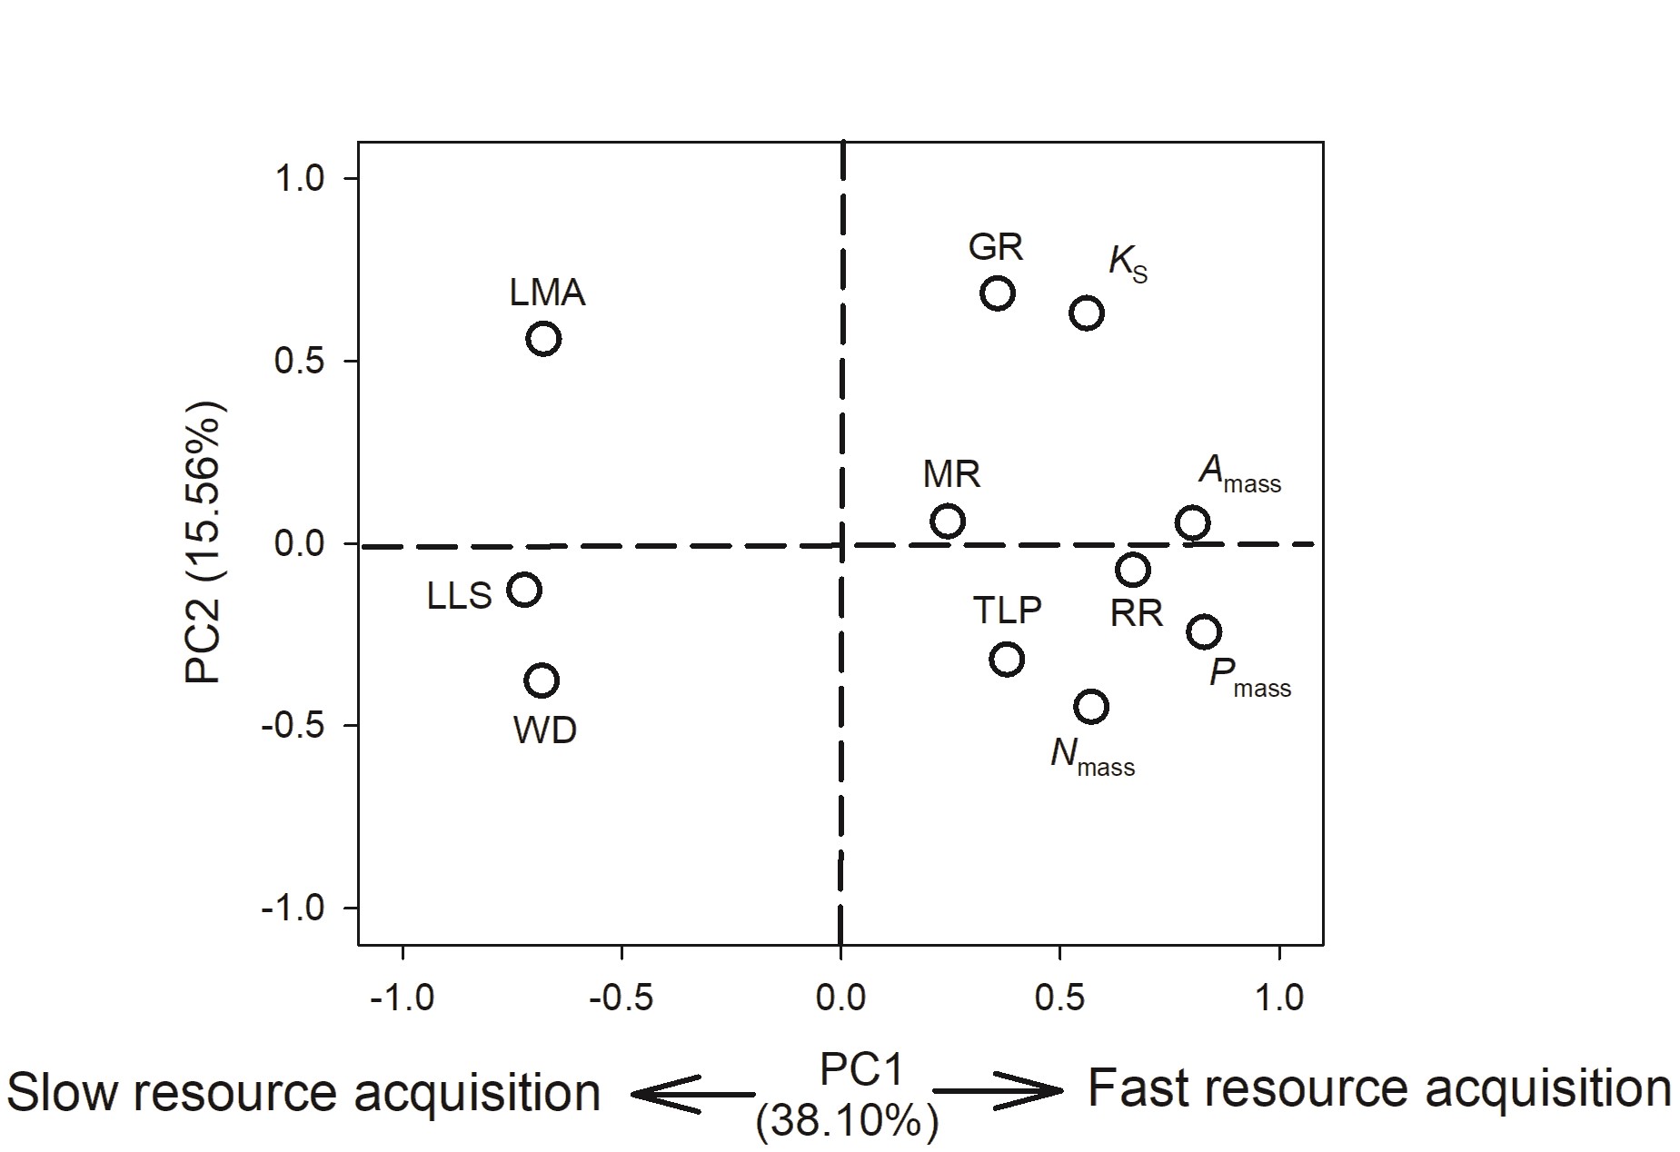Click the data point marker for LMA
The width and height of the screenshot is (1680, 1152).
coord(543,339)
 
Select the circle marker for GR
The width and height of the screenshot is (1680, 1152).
coord(997,293)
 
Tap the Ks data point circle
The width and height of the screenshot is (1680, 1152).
coord(1087,313)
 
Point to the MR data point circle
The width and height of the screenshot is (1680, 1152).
coord(947,521)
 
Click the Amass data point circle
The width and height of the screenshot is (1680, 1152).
coord(1192,522)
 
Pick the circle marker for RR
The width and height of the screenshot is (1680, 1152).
coord(1133,570)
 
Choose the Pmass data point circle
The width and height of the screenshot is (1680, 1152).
coord(1203,631)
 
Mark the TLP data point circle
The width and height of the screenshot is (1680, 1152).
coord(1007,659)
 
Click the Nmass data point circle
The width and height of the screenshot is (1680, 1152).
coord(1090,706)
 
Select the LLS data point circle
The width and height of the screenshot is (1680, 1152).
coord(524,590)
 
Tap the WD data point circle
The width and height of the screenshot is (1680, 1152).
coord(542,680)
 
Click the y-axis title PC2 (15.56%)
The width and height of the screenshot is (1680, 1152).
coord(205,542)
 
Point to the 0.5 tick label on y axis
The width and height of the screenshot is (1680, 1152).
coord(299,362)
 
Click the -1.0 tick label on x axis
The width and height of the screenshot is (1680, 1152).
coord(403,998)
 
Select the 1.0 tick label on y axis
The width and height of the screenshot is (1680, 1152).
coord(299,178)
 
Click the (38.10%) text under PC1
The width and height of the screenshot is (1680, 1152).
coord(846,1123)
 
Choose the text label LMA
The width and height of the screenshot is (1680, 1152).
coord(547,293)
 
